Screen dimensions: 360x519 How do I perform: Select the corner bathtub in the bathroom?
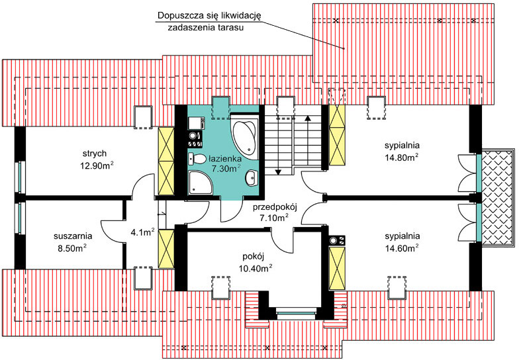point(246,133)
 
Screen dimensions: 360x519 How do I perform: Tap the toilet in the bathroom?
point(197,159)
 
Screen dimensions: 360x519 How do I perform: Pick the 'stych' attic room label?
point(91,153)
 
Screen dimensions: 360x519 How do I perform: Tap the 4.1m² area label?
point(143,232)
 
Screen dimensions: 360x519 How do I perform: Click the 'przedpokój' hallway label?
point(273,206)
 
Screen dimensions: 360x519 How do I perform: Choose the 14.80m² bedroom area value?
point(402,157)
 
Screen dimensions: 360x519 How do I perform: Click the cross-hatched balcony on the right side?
point(496,197)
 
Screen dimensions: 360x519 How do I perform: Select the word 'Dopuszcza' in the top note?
point(181,16)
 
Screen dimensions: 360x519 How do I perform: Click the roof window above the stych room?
point(143,116)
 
